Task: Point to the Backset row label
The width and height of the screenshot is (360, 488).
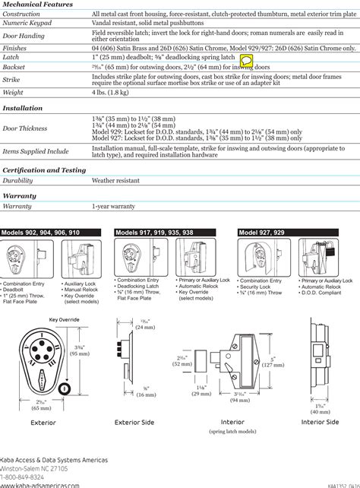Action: pyautogui.click(x=15, y=68)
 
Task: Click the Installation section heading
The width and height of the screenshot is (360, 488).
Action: pyautogui.click(x=22, y=109)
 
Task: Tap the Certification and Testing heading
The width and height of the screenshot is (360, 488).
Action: pyautogui.click(x=43, y=170)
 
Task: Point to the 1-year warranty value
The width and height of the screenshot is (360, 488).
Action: pyautogui.click(x=113, y=207)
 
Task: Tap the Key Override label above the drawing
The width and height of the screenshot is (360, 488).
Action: pyautogui.click(x=65, y=319)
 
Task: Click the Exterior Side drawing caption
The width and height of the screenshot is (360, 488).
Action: pyautogui.click(x=134, y=422)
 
